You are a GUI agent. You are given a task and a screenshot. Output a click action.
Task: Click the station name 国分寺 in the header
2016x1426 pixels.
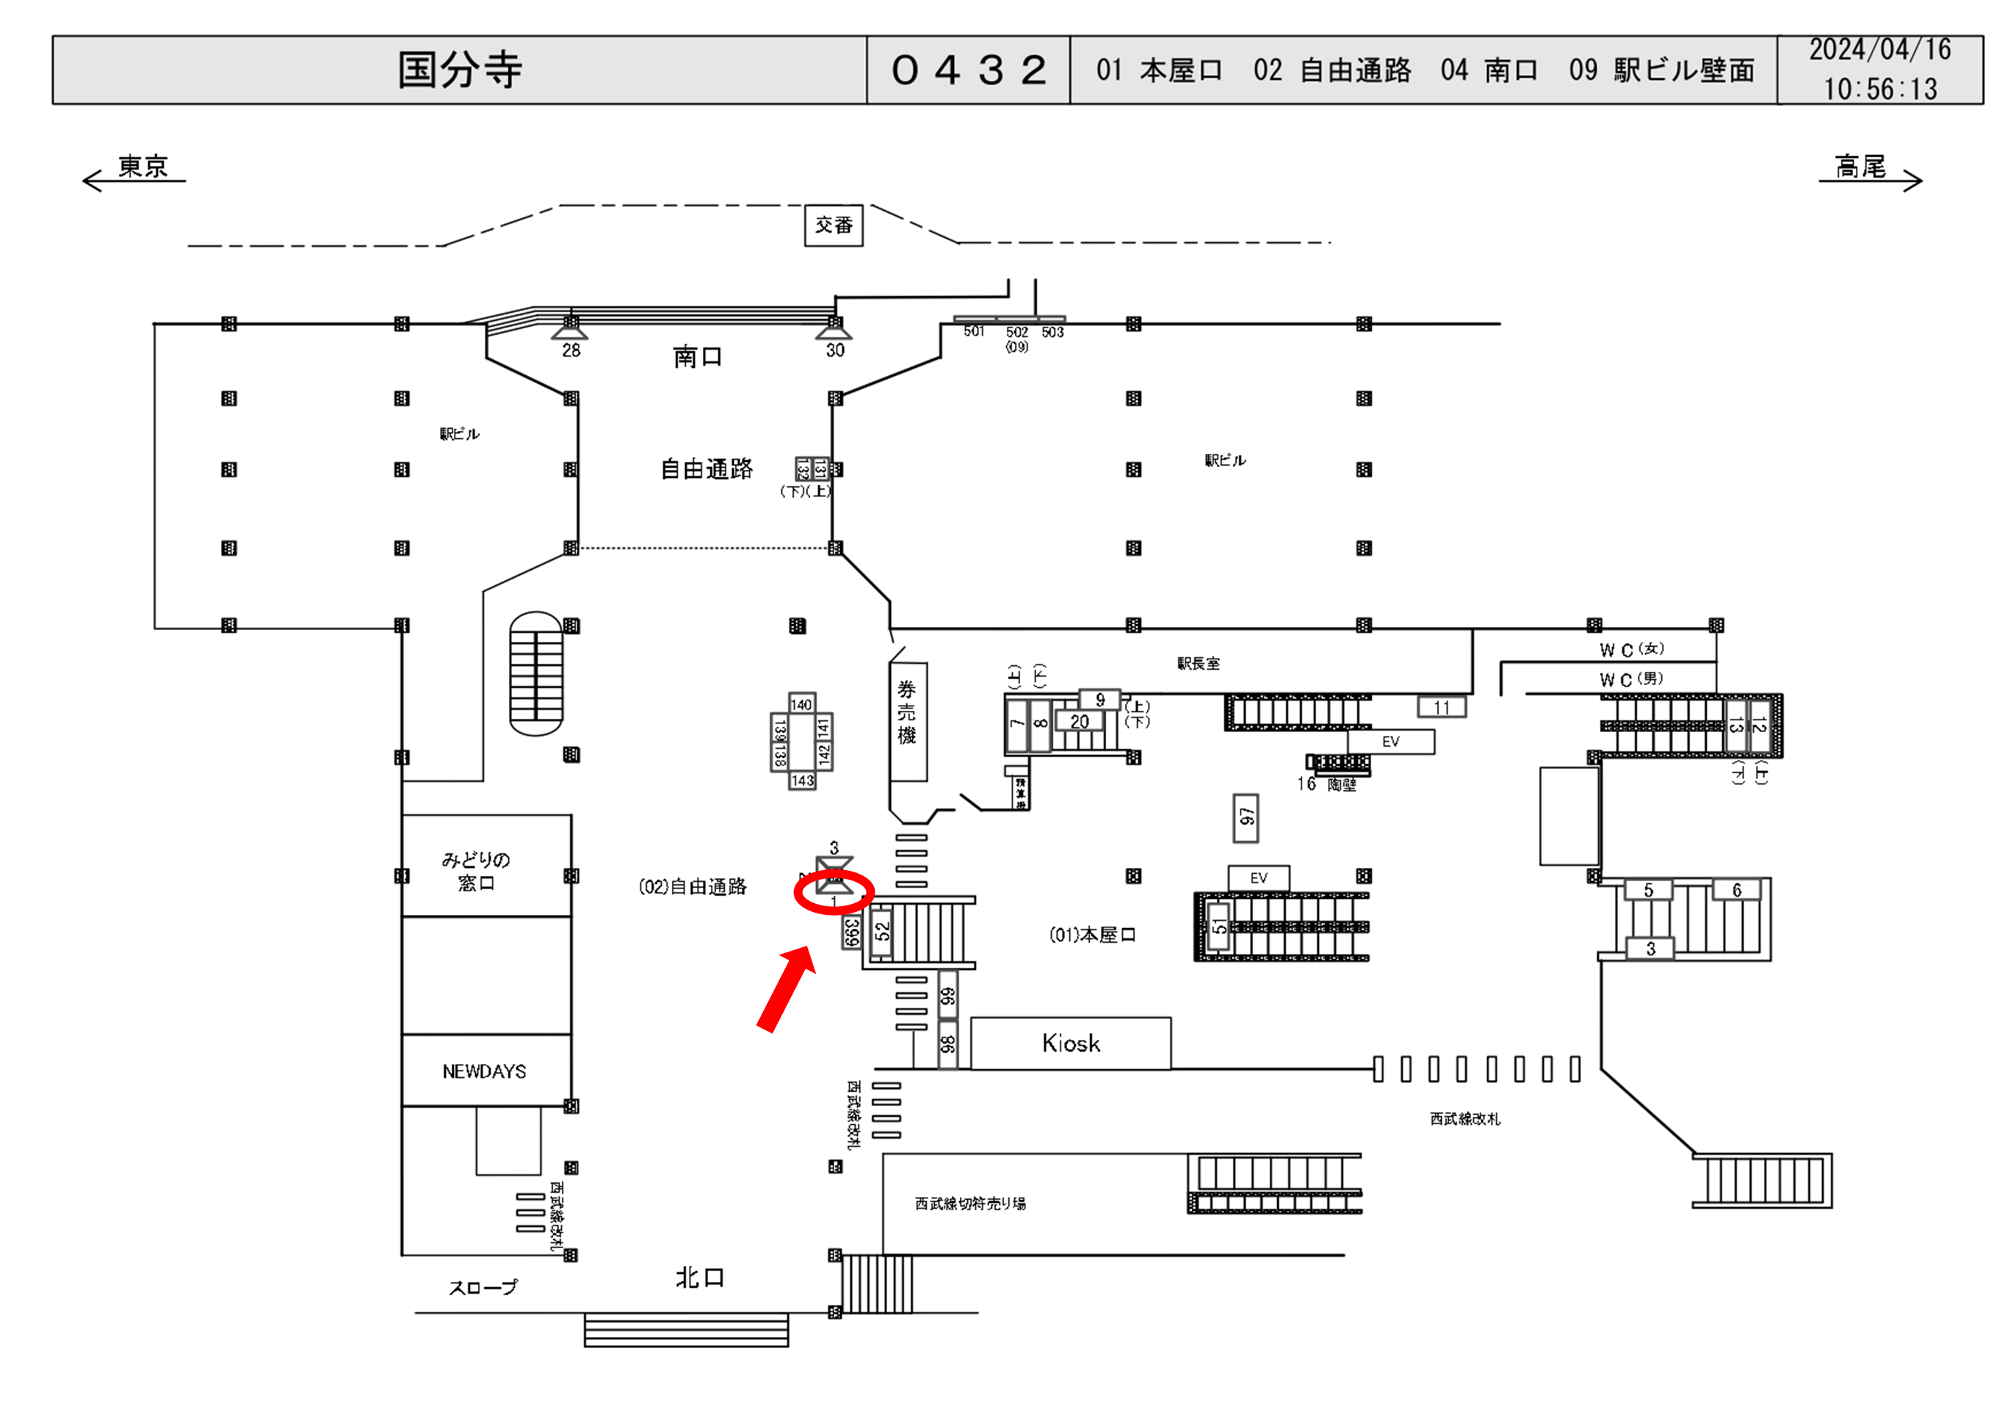(459, 70)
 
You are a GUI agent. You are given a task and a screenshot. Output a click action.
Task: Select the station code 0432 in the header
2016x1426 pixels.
(969, 70)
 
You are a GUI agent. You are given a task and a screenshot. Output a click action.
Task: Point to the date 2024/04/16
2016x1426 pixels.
(1880, 50)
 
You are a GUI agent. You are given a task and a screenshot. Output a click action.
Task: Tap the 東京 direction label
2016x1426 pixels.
(142, 166)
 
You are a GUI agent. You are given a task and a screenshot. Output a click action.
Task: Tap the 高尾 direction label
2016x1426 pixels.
(1860, 166)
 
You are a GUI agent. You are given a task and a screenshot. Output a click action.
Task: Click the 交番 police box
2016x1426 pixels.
(834, 225)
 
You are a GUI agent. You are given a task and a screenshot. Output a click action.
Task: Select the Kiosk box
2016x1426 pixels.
(1070, 1043)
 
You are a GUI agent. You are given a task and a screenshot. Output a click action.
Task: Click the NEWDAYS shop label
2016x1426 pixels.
(485, 1071)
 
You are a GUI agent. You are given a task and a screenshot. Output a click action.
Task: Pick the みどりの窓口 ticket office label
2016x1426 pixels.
(476, 871)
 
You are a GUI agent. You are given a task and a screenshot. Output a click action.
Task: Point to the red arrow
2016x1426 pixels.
(787, 988)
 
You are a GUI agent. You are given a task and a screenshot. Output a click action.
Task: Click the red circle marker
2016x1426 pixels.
(834, 893)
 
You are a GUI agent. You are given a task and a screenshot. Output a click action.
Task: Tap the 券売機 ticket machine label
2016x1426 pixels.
(907, 712)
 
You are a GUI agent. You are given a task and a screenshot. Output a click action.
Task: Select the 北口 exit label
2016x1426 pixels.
(700, 1278)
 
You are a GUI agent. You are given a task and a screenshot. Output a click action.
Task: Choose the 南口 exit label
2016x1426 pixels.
(697, 357)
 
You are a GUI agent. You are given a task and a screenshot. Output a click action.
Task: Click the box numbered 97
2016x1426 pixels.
(1245, 817)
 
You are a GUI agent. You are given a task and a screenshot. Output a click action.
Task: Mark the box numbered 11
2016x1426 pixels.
(1441, 707)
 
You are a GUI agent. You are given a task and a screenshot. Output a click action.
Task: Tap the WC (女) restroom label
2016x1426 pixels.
(1631, 649)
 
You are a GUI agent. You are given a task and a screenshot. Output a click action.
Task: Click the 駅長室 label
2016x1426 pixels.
(1198, 664)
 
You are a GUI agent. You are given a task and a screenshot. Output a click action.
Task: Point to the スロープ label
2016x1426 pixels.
(483, 1287)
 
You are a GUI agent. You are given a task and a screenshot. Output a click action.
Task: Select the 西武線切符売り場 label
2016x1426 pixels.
(970, 1203)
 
